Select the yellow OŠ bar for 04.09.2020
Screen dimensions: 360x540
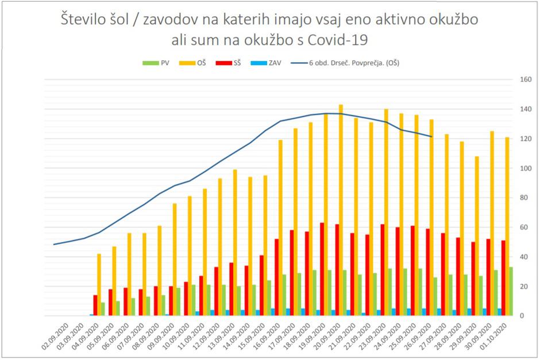(x=99, y=284)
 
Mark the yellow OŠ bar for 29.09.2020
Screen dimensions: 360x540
(x=477, y=236)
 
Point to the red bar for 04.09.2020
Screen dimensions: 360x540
(x=95, y=305)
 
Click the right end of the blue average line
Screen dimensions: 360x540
(x=431, y=137)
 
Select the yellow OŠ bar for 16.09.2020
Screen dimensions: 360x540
(x=280, y=227)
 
